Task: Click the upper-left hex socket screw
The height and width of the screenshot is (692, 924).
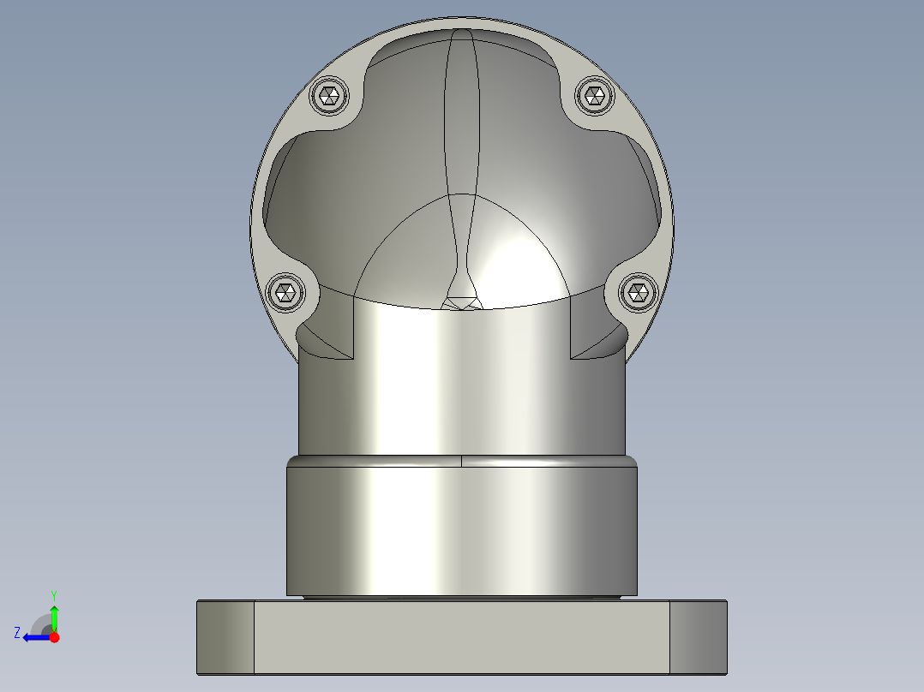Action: (328, 96)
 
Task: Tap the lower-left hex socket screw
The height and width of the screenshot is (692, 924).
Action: (286, 294)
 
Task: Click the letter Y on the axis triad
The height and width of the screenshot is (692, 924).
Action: (53, 594)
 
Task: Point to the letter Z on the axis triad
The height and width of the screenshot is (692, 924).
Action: (17, 633)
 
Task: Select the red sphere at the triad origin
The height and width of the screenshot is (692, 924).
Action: (54, 637)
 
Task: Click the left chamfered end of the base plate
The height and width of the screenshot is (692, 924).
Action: (225, 637)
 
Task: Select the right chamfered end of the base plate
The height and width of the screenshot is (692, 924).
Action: (699, 637)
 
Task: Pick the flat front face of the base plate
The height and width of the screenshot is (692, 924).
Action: (462, 637)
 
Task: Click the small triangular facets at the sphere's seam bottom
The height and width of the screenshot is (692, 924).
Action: (461, 302)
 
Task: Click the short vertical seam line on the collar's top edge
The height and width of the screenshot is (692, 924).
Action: (462, 462)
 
